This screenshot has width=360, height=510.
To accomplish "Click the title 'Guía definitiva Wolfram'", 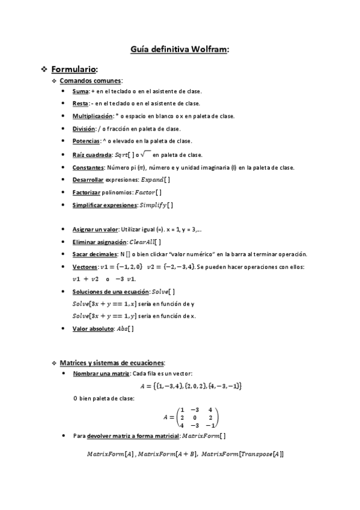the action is [180, 51].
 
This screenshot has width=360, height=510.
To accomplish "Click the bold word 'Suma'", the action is [80, 91].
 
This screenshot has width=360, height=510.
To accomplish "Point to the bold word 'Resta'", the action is [81, 103].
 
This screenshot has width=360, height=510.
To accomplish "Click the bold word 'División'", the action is [84, 129].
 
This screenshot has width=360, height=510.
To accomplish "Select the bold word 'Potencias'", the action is [86, 141].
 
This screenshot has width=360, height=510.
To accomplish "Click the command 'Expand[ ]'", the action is [155, 180].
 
